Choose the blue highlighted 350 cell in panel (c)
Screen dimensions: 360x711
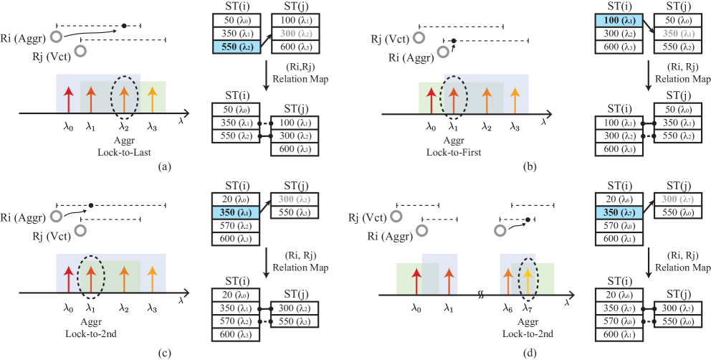(236, 213)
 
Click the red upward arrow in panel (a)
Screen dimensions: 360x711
(69, 98)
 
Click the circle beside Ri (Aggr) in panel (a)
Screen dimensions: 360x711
(56, 37)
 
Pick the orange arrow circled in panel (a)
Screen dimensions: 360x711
(125, 98)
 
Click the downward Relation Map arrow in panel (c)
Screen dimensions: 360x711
(266, 266)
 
